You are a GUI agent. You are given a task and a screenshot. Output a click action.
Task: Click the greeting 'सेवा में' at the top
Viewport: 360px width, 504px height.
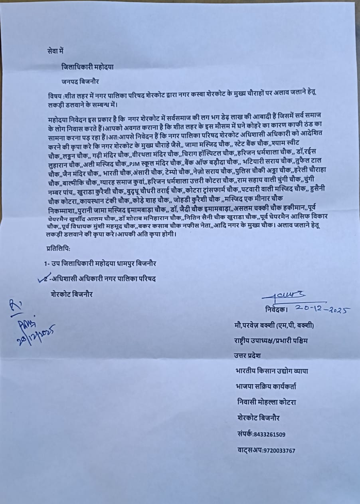click(x=55, y=51)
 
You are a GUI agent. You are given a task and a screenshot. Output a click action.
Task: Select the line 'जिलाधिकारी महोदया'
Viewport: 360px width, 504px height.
click(x=87, y=67)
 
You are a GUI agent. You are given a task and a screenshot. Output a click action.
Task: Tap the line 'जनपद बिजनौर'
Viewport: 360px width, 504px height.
click(x=80, y=81)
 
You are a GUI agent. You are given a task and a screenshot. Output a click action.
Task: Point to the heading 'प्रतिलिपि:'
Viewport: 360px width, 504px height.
click(x=58, y=248)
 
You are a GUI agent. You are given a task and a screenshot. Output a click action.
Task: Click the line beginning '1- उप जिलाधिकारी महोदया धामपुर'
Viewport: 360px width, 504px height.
click(x=100, y=264)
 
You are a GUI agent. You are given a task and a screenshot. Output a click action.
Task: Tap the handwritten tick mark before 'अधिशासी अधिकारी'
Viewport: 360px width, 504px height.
click(x=45, y=279)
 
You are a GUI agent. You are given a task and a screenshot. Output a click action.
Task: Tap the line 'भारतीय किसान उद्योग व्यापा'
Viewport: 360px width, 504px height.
click(x=271, y=371)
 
